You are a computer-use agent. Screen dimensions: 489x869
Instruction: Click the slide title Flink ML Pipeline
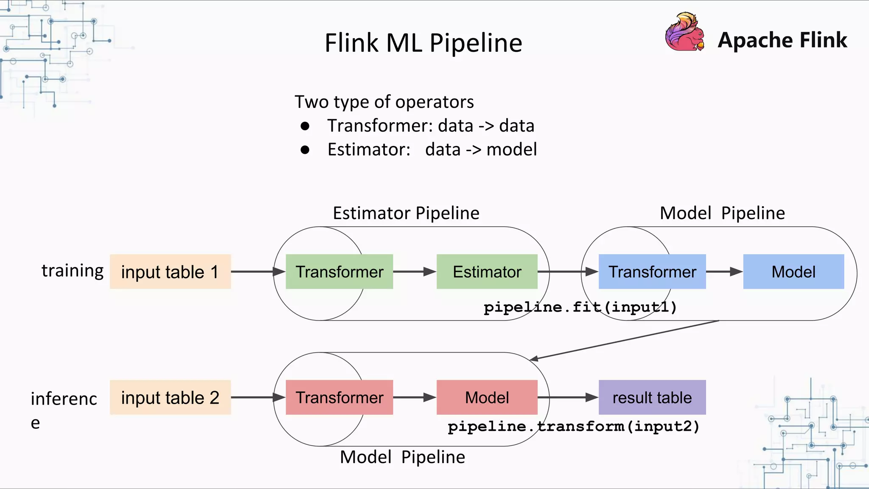click(423, 43)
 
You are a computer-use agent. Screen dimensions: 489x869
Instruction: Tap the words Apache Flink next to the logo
click(782, 40)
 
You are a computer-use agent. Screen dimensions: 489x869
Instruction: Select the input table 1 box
click(170, 272)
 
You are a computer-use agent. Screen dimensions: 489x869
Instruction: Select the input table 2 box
click(170, 397)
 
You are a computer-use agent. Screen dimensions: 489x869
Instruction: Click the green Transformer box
click(339, 272)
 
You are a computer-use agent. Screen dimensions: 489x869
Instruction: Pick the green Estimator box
click(487, 272)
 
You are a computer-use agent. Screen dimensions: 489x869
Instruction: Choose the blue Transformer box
click(652, 272)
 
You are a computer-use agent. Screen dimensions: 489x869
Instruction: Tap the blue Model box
click(793, 272)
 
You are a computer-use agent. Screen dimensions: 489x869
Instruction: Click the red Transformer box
click(339, 397)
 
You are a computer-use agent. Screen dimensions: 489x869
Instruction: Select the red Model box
click(487, 397)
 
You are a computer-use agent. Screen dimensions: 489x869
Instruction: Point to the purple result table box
click(652, 397)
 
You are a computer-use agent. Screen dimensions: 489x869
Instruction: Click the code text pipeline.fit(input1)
click(580, 307)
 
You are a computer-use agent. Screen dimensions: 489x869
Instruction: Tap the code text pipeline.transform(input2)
click(573, 426)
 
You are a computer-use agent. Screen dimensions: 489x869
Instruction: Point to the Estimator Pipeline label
click(406, 213)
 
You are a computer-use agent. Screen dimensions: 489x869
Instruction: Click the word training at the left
click(72, 271)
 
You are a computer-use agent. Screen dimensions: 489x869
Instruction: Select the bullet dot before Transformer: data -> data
click(305, 126)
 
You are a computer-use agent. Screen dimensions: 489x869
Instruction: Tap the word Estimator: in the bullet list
click(369, 150)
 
